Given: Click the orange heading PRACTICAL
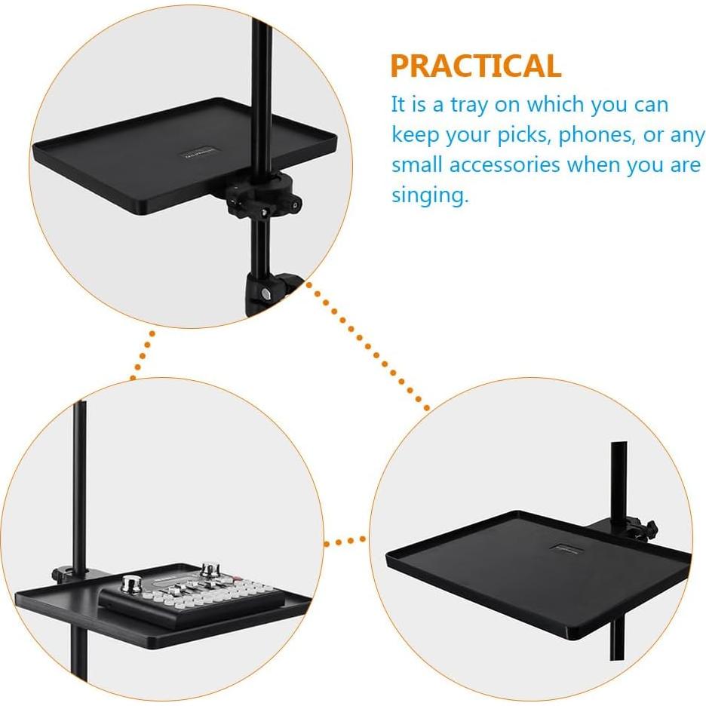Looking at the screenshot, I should [x=475, y=66].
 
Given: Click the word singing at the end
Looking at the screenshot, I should [x=429, y=195].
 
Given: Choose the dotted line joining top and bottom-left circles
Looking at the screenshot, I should [x=142, y=355].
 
